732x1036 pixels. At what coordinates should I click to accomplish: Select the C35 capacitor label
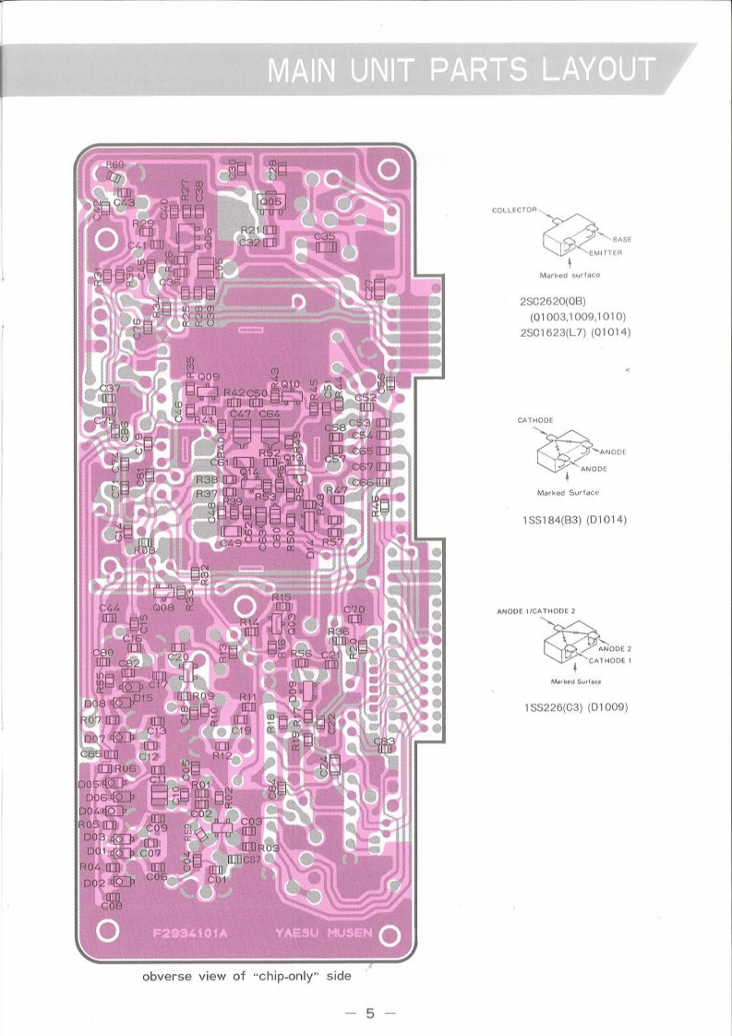click(x=324, y=236)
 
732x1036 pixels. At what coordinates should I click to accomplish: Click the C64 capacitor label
click(x=270, y=415)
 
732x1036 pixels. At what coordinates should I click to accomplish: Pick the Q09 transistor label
click(x=208, y=377)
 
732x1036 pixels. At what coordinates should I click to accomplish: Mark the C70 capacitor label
click(x=354, y=609)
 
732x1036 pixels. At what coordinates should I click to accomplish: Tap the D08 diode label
click(x=93, y=703)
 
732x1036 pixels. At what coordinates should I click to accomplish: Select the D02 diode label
click(x=93, y=883)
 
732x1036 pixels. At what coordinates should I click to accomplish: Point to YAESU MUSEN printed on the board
click(x=323, y=932)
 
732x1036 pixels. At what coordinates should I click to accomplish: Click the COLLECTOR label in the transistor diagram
click(x=514, y=211)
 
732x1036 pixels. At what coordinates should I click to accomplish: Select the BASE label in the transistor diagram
click(x=620, y=239)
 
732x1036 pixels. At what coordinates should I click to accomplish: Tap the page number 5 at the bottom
click(x=369, y=1013)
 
